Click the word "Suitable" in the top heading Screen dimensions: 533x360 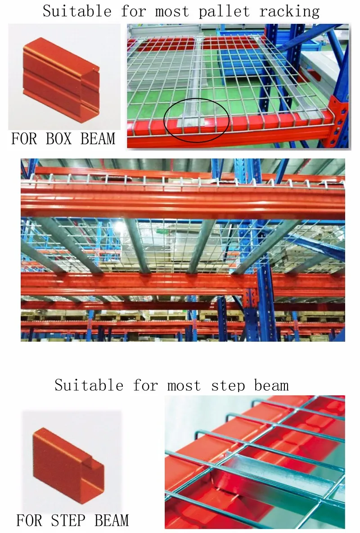(x=76, y=11)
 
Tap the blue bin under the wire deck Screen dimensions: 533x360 (x=243, y=68)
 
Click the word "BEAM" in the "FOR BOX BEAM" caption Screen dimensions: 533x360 (x=98, y=139)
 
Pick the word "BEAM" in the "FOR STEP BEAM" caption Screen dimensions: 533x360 (x=112, y=520)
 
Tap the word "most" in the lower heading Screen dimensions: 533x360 (x=184, y=385)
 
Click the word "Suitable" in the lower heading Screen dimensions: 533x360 (x=89, y=385)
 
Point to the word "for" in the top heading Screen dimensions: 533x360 (x=134, y=11)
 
